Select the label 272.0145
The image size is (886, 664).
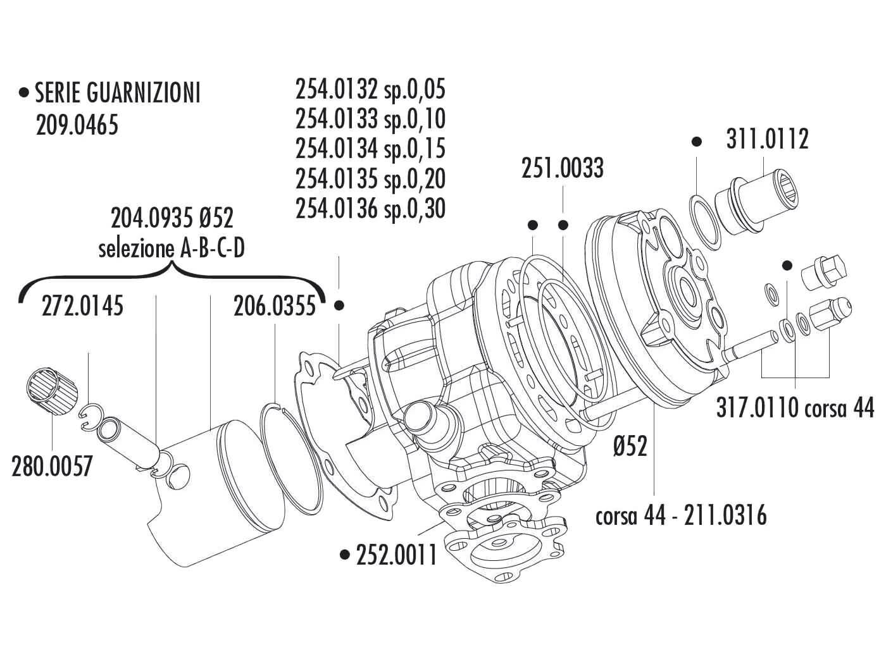(82, 307)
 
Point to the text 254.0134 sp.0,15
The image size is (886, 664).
(370, 149)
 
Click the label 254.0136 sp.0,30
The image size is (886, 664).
(370, 208)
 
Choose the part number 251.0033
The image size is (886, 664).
(562, 169)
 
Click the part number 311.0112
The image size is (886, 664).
(767, 140)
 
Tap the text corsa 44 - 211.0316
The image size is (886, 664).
(681, 516)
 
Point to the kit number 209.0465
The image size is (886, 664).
(77, 125)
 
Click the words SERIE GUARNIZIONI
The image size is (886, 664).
(118, 94)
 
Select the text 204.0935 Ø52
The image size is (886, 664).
(172, 219)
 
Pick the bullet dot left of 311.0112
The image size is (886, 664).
(697, 142)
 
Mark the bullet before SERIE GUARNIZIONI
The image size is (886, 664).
(25, 94)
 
